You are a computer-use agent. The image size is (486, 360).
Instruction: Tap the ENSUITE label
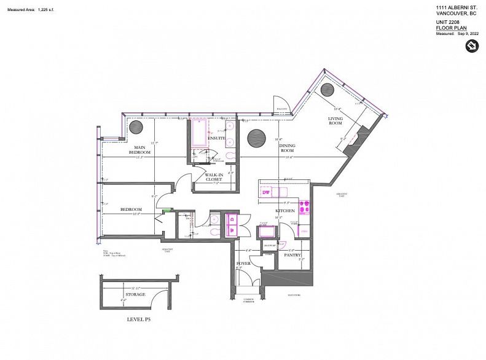coord(217,138)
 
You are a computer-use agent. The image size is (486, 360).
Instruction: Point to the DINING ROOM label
coord(288,147)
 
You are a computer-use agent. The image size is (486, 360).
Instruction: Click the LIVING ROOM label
coord(335,121)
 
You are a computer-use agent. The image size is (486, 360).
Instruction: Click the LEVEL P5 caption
coord(138,319)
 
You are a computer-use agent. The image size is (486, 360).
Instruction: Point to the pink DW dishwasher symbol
coord(267,192)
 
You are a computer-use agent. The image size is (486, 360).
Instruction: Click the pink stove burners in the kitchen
coord(304,205)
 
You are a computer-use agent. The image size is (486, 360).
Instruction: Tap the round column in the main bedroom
coord(136,127)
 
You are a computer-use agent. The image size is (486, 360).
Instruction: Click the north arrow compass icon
coord(472,45)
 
